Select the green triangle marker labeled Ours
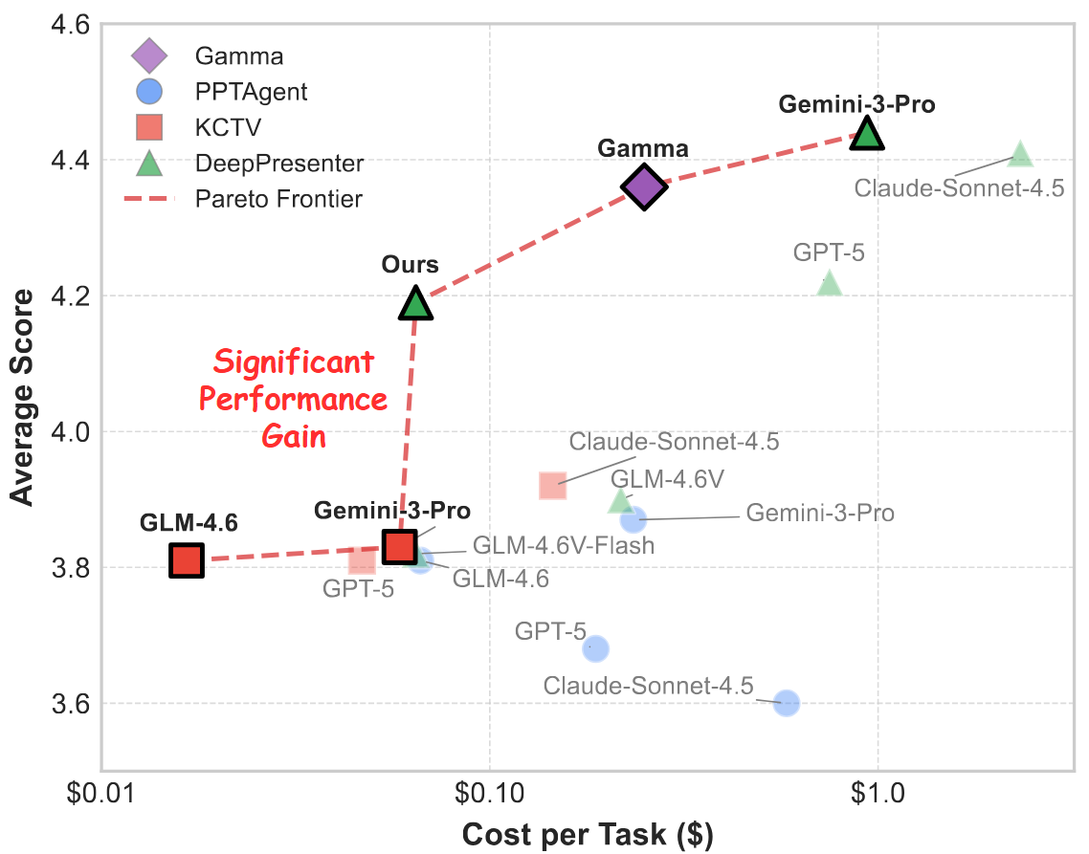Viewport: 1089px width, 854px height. pyautogui.click(x=415, y=303)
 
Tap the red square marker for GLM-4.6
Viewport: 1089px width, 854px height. pyautogui.click(x=187, y=560)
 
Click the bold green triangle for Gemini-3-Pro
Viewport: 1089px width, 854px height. pyautogui.click(x=867, y=133)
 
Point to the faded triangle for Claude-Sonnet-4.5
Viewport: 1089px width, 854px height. pyautogui.click(x=1020, y=154)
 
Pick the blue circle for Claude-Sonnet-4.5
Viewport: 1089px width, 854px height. pyautogui.click(x=787, y=703)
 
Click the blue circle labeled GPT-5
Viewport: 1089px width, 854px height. pyautogui.click(x=595, y=648)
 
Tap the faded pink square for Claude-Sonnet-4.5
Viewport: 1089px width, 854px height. pyautogui.click(x=553, y=486)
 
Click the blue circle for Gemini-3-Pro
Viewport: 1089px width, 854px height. pyautogui.click(x=633, y=519)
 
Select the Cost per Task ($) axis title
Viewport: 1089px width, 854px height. pyautogui.click(x=588, y=833)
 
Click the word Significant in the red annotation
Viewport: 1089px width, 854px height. pyautogui.click(x=293, y=363)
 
